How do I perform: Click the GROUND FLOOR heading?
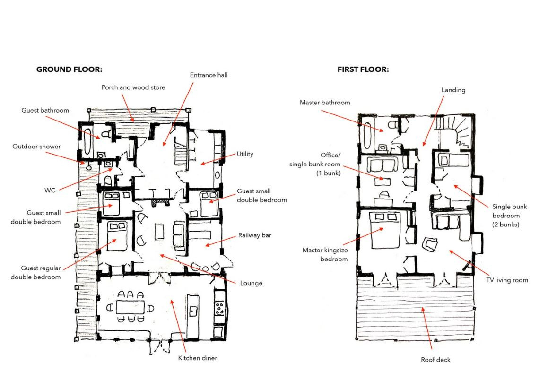(69, 69)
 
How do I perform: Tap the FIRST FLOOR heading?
(363, 69)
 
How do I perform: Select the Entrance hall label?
(209, 75)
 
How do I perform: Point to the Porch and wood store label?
(133, 87)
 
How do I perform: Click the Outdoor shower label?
(36, 147)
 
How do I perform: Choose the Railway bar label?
(255, 235)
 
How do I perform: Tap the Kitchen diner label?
(198, 358)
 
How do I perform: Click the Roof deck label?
(435, 360)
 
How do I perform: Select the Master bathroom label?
(325, 103)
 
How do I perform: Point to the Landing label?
(453, 90)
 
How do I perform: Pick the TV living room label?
(507, 280)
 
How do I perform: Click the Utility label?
(245, 154)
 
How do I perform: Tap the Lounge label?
(251, 283)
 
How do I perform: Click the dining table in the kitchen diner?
(130, 307)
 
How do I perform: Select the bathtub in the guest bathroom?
(87, 141)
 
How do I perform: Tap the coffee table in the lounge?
(159, 231)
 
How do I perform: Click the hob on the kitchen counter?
(219, 308)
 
